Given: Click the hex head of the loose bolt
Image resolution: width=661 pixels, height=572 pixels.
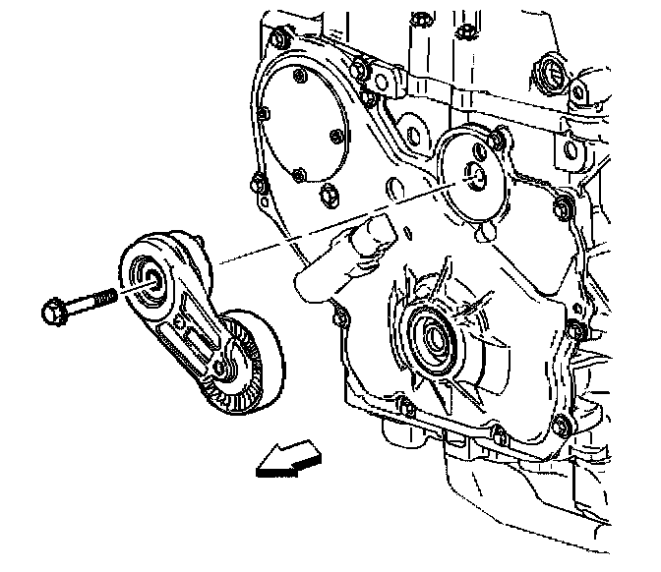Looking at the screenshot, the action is [x=51, y=312].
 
